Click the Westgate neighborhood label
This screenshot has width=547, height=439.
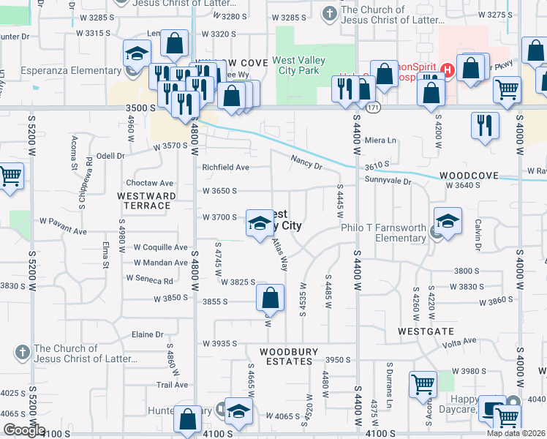pyautogui.click(x=422, y=331)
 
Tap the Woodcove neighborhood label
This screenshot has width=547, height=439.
pyautogui.click(x=469, y=176)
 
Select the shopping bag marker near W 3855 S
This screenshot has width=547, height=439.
pyautogui.click(x=270, y=297)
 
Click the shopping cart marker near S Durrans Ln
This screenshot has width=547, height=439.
pyautogui.click(x=423, y=383)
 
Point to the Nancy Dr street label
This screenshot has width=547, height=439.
pyautogui.click(x=306, y=160)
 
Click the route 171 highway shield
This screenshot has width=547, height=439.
pyautogui.click(x=374, y=108)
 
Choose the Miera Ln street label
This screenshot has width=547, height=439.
pyautogui.click(x=380, y=140)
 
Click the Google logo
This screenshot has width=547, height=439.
pyautogui.click(x=23, y=430)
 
